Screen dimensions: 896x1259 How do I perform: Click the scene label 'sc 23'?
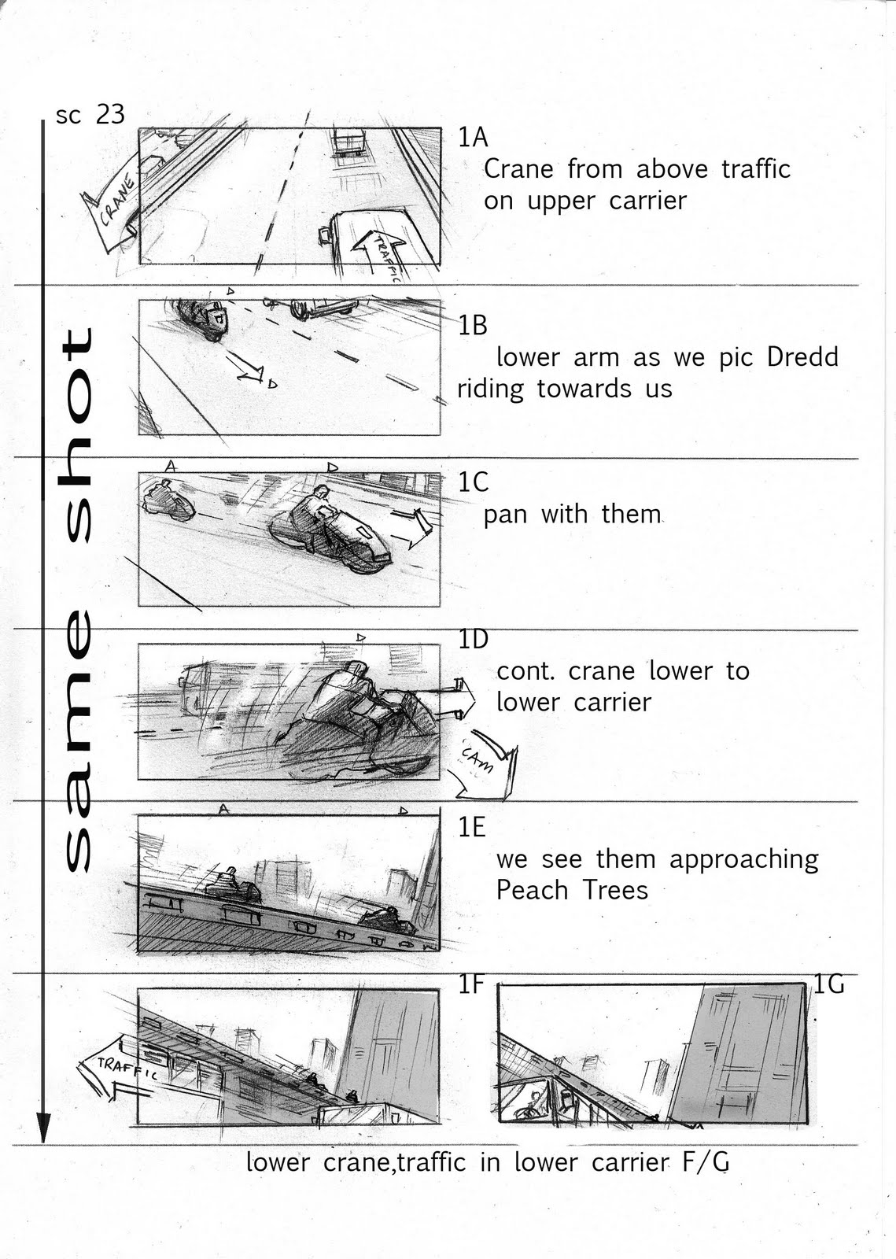click(90, 115)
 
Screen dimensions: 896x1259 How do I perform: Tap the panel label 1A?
click(473, 137)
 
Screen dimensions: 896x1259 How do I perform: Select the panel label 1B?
click(473, 326)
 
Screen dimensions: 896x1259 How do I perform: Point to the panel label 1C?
click(474, 482)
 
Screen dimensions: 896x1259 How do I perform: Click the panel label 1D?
click(474, 639)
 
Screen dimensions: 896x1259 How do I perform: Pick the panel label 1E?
click(472, 827)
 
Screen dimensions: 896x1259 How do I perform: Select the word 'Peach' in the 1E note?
click(532, 889)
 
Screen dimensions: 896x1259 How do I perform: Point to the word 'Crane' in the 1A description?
click(518, 168)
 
